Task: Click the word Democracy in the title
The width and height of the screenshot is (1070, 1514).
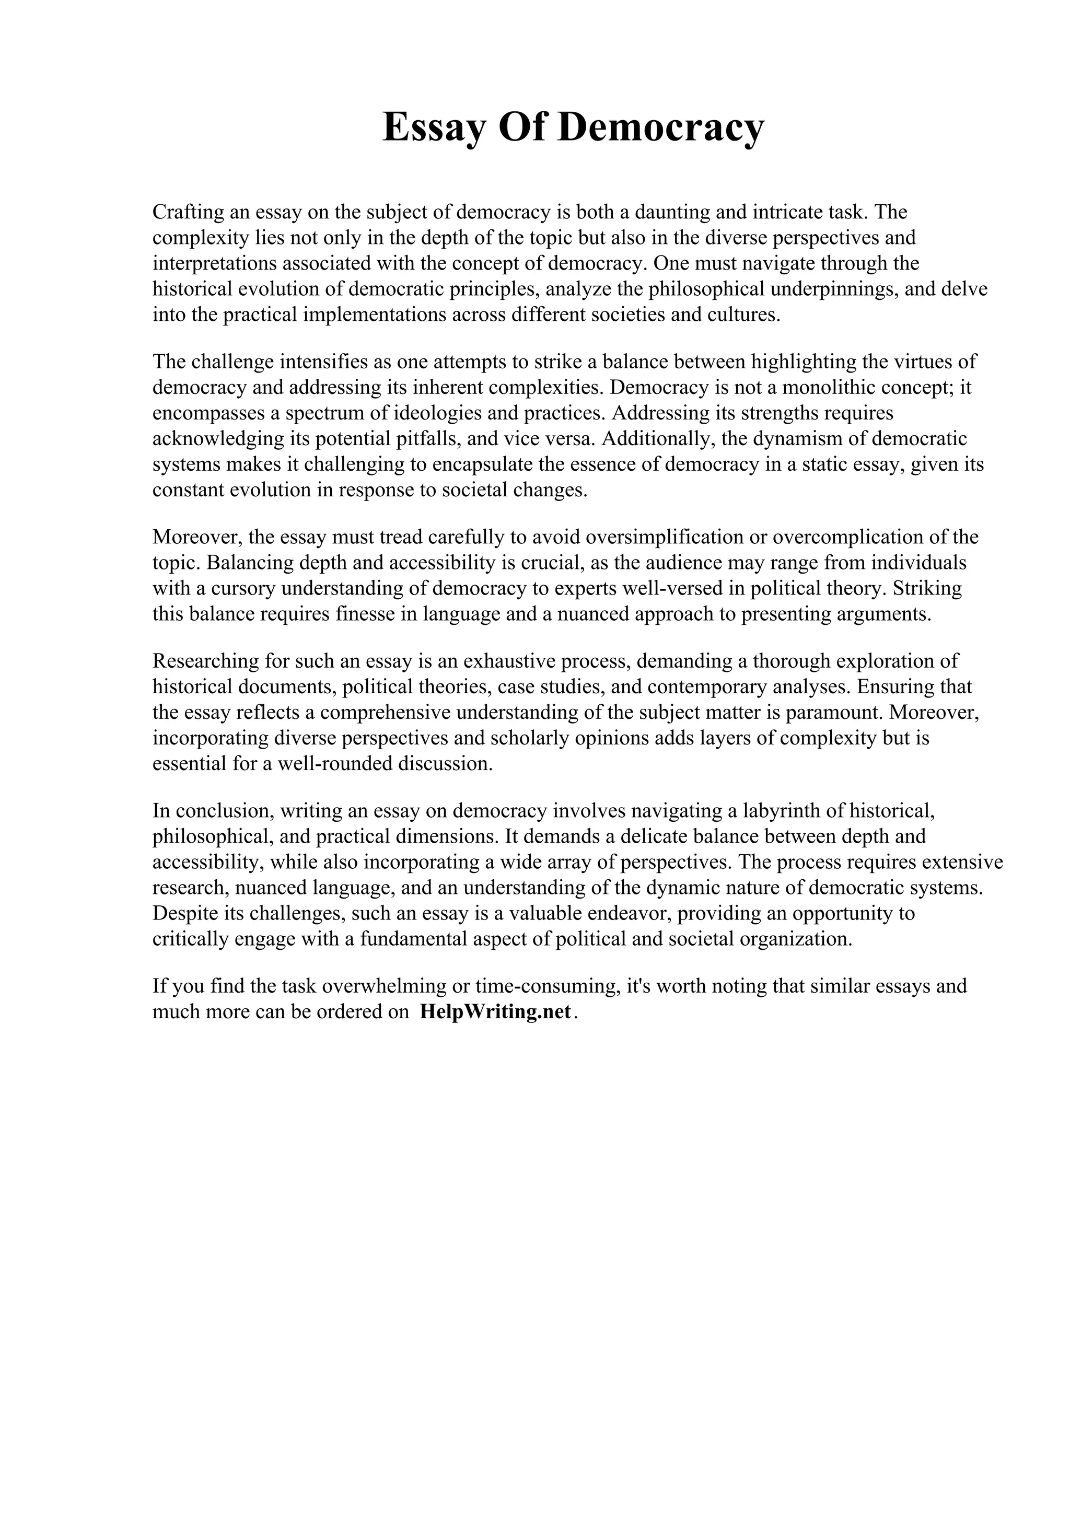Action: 660,127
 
